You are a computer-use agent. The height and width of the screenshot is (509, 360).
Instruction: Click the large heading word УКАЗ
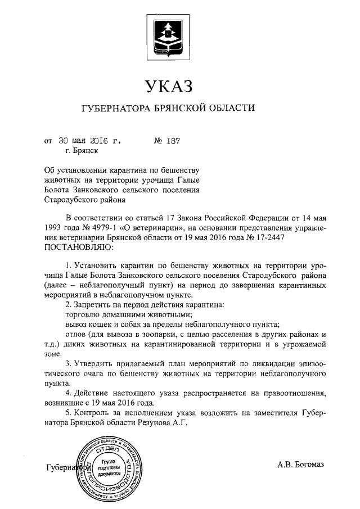[x=169, y=87]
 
